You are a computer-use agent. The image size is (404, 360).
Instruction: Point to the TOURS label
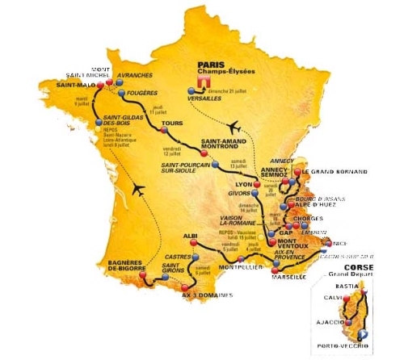point(172,123)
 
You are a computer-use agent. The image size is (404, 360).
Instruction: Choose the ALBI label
point(191,236)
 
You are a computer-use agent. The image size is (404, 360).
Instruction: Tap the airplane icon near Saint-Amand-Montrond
point(235,128)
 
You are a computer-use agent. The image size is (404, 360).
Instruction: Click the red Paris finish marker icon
point(206,81)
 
